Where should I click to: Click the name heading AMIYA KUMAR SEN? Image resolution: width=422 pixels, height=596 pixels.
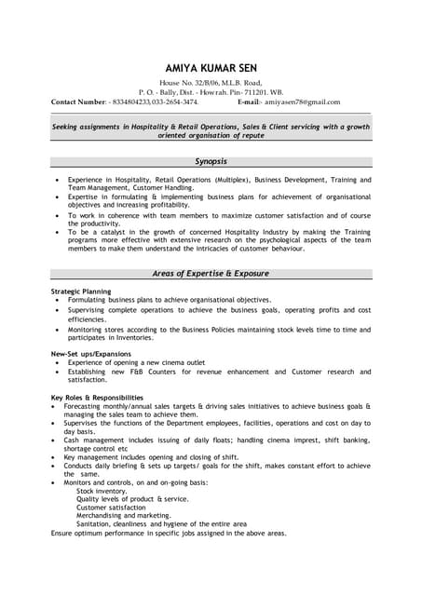click(211, 68)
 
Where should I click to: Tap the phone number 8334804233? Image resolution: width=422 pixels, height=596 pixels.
click(131, 102)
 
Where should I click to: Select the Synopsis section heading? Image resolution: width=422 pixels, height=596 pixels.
click(211, 161)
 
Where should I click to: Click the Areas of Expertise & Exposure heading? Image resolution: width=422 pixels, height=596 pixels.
click(211, 274)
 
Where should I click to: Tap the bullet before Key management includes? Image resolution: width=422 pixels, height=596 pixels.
click(57, 457)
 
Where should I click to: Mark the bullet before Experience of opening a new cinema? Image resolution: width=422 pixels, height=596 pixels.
click(57, 362)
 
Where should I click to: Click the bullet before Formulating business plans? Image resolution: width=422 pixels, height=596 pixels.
click(57, 300)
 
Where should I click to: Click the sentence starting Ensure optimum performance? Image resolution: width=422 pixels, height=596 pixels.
click(169, 533)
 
